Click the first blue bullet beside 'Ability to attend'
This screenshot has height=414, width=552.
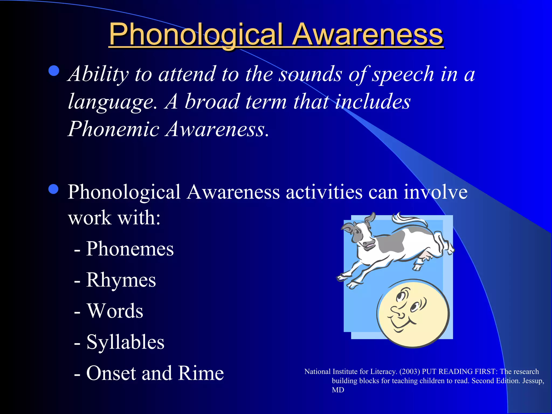click(54, 71)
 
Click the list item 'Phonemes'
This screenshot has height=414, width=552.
click(130, 249)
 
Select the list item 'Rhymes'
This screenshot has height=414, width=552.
click(121, 280)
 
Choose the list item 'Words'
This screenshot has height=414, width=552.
click(115, 311)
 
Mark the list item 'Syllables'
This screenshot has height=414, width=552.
click(125, 342)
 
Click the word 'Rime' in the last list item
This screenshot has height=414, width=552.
click(201, 373)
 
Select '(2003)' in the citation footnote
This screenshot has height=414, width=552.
click(410, 372)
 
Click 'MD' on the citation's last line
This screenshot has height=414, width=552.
click(338, 390)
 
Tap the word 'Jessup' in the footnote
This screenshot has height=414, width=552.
click(533, 381)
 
